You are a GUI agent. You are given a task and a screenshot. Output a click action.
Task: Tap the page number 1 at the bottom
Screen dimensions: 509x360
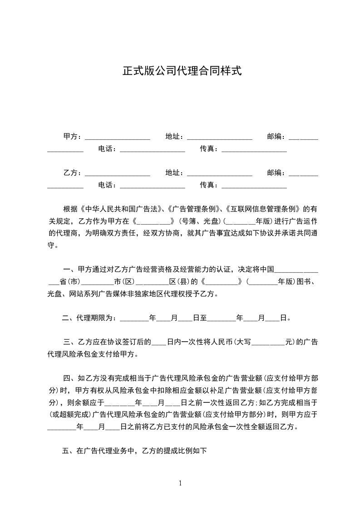click(180, 483)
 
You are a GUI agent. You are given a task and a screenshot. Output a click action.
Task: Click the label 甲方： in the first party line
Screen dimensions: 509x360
click(73, 137)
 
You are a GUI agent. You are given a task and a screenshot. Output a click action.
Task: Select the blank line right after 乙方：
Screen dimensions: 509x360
click(117, 173)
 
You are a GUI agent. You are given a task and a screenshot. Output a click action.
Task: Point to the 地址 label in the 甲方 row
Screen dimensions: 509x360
click(174, 137)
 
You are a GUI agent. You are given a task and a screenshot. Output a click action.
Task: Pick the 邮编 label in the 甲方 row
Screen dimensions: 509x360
click(276, 137)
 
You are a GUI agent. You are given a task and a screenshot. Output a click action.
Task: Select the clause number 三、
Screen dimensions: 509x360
click(70, 343)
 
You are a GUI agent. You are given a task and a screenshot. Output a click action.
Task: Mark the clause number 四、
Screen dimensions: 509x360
click(70, 378)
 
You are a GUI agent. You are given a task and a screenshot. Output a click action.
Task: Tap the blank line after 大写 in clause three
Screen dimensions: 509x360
click(268, 343)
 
